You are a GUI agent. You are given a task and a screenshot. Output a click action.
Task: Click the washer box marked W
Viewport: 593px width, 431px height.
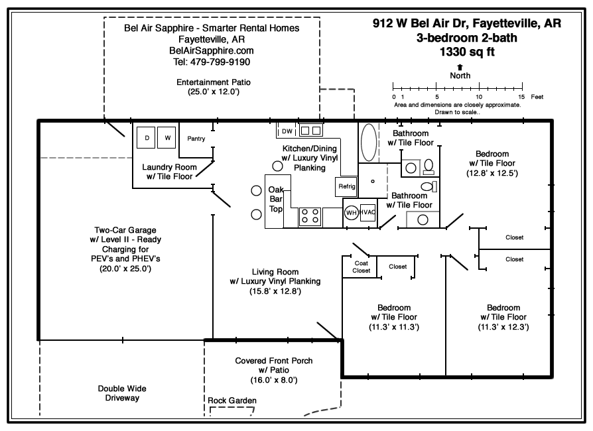click(167, 138)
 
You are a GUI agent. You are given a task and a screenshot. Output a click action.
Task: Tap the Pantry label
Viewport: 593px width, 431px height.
click(196, 139)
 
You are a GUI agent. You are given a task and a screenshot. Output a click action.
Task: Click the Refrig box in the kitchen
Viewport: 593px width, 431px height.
click(347, 186)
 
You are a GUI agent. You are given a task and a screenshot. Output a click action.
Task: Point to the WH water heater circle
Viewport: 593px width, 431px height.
click(352, 212)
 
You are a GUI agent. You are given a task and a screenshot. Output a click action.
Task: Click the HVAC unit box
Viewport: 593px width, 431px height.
click(368, 212)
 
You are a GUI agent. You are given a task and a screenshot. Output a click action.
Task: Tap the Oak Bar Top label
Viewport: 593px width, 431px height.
click(275, 200)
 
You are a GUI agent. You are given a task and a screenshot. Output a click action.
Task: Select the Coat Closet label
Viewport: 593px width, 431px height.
click(362, 267)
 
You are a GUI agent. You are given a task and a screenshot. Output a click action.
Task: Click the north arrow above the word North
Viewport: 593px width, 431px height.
click(460, 67)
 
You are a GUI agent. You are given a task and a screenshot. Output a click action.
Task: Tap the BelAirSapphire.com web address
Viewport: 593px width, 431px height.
click(212, 50)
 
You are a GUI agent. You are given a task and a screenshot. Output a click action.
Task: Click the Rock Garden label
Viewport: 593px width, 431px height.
click(232, 400)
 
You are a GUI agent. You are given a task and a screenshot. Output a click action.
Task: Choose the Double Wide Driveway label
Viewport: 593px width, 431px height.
click(122, 393)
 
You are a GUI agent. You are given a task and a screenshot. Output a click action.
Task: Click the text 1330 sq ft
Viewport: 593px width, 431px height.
click(467, 51)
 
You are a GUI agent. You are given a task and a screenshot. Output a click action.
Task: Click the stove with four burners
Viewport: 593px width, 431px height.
click(310, 216)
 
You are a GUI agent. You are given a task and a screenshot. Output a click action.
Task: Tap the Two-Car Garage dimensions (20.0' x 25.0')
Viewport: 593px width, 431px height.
click(125, 269)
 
